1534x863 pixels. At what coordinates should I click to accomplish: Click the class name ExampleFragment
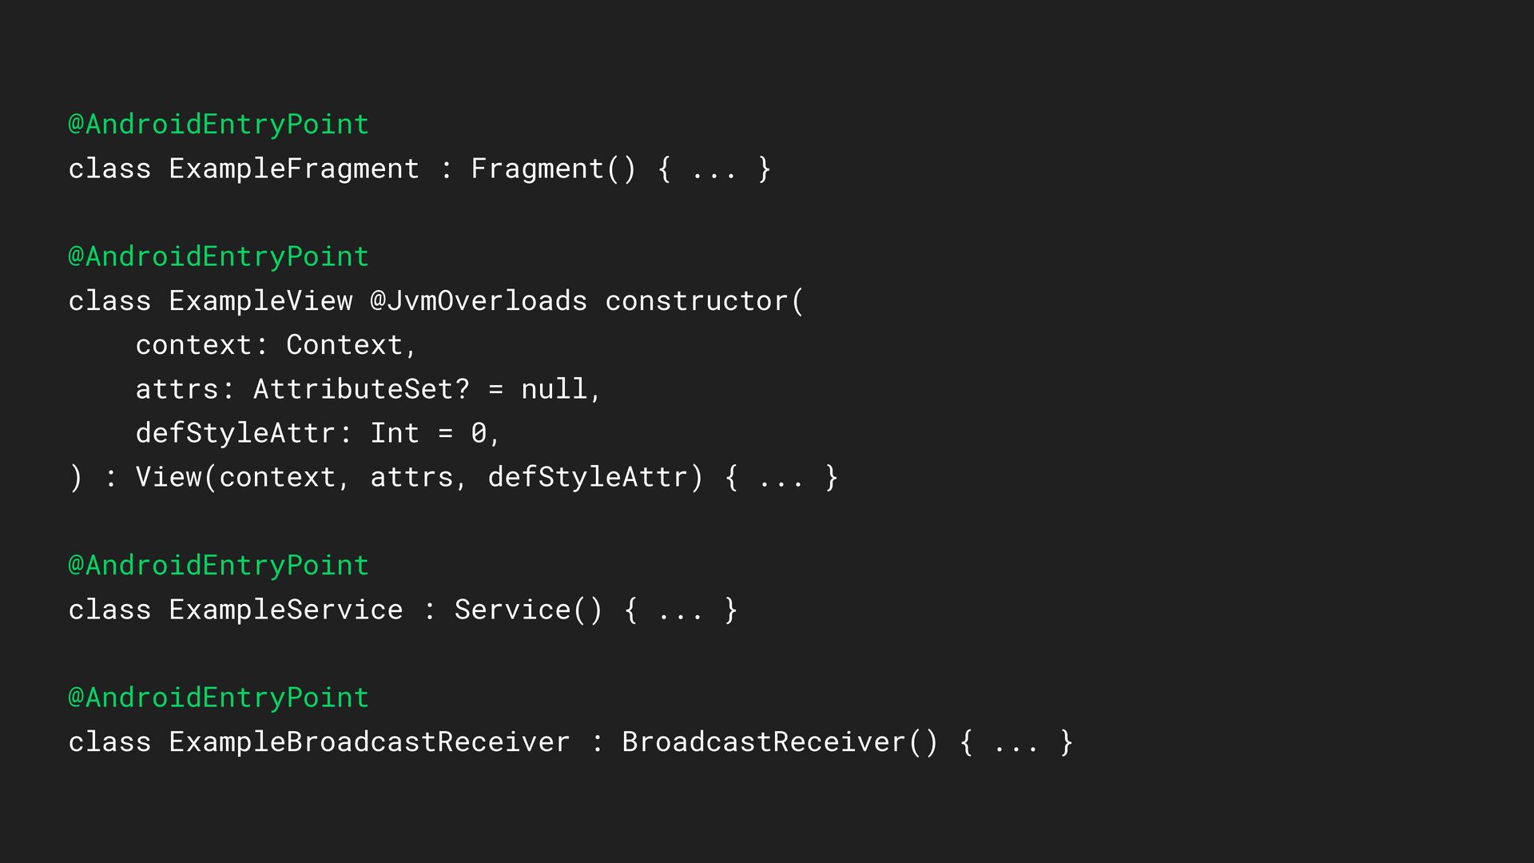(294, 169)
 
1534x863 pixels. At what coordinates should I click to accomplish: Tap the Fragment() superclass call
(553, 169)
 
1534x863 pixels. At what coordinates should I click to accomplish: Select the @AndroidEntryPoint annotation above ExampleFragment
(218, 124)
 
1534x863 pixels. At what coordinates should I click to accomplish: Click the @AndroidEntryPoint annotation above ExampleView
(218, 257)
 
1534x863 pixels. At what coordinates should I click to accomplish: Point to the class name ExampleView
(260, 301)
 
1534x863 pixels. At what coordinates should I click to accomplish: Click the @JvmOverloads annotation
(478, 301)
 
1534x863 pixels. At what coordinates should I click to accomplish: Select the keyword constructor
(697, 301)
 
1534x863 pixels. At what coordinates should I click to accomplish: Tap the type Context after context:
(344, 345)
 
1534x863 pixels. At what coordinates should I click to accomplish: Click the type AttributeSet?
(361, 389)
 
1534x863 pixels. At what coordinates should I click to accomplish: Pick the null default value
(554, 389)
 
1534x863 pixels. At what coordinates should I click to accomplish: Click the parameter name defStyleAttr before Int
(235, 433)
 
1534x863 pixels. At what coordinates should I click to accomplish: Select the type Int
(395, 433)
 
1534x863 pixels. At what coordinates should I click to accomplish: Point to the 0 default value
(479, 433)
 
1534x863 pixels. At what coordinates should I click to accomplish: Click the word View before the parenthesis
(169, 477)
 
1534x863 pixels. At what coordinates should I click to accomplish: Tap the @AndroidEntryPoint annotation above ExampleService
(218, 566)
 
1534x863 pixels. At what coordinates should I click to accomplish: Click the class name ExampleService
(286, 610)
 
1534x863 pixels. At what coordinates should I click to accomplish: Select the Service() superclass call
(528, 610)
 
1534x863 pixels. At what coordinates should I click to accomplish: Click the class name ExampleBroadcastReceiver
(369, 742)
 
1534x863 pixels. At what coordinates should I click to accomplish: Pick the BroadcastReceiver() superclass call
(780, 742)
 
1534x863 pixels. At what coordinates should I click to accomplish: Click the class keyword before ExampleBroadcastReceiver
(109, 742)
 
